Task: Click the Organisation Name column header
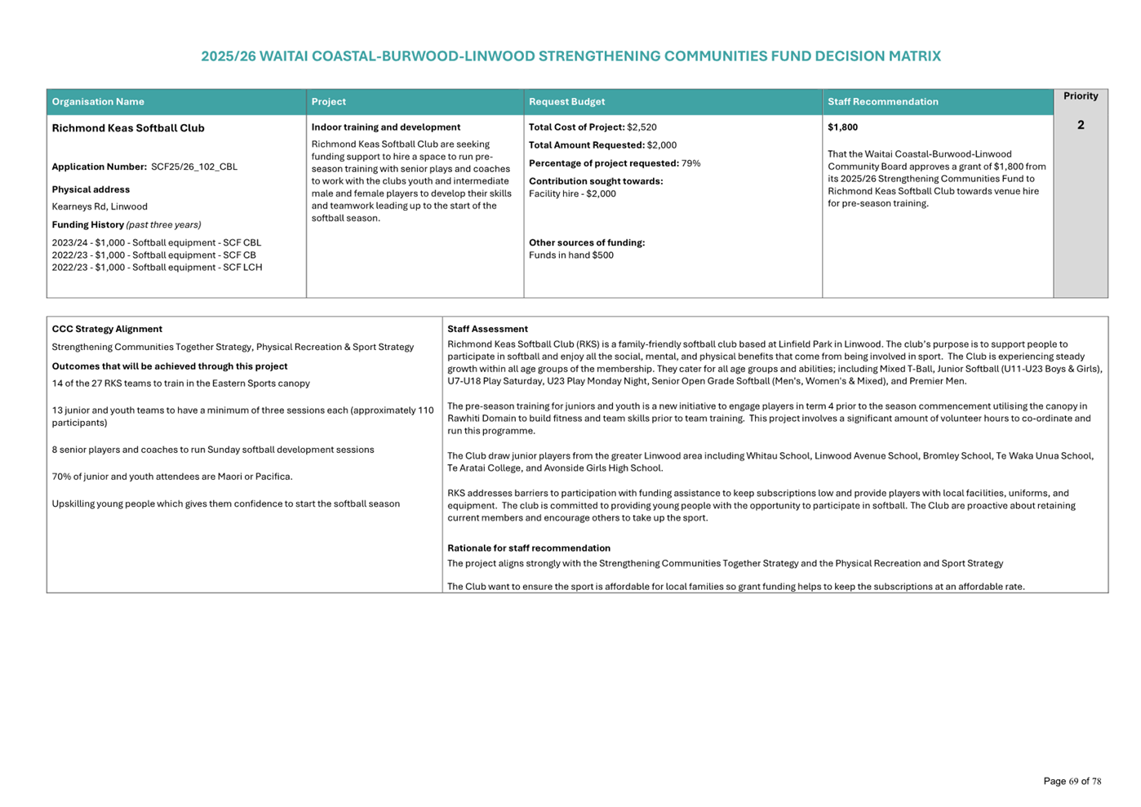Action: (98, 102)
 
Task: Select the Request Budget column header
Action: (566, 102)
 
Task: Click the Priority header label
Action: (1080, 96)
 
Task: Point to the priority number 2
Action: (1080, 125)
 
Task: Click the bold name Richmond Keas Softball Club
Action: (128, 128)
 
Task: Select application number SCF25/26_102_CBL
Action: (194, 167)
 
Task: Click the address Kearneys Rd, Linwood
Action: (100, 207)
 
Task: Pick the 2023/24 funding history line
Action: (156, 243)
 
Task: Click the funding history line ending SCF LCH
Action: (157, 268)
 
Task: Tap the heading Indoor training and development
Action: (385, 127)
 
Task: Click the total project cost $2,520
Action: (642, 127)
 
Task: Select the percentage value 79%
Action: (690, 163)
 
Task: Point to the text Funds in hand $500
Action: (570, 255)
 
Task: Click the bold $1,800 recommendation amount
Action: (842, 127)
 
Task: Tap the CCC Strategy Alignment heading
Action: (107, 330)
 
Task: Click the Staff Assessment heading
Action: (487, 330)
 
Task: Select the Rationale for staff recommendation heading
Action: (528, 548)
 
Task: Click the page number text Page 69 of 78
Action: (1072, 782)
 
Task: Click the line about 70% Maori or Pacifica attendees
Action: (172, 477)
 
